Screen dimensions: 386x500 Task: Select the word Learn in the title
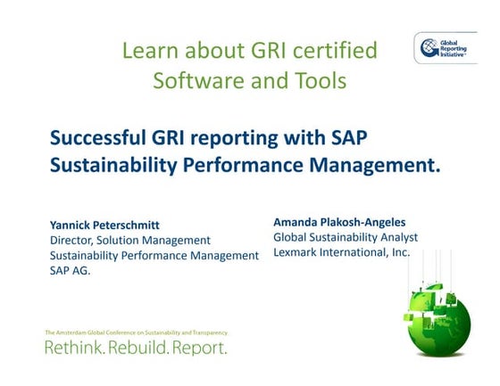click(x=149, y=51)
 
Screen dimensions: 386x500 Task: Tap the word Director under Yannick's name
click(x=73, y=240)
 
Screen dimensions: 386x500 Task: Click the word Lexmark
click(x=297, y=252)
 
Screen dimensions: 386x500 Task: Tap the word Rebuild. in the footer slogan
click(x=138, y=347)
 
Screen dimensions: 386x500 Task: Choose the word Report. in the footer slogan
click(x=199, y=347)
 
